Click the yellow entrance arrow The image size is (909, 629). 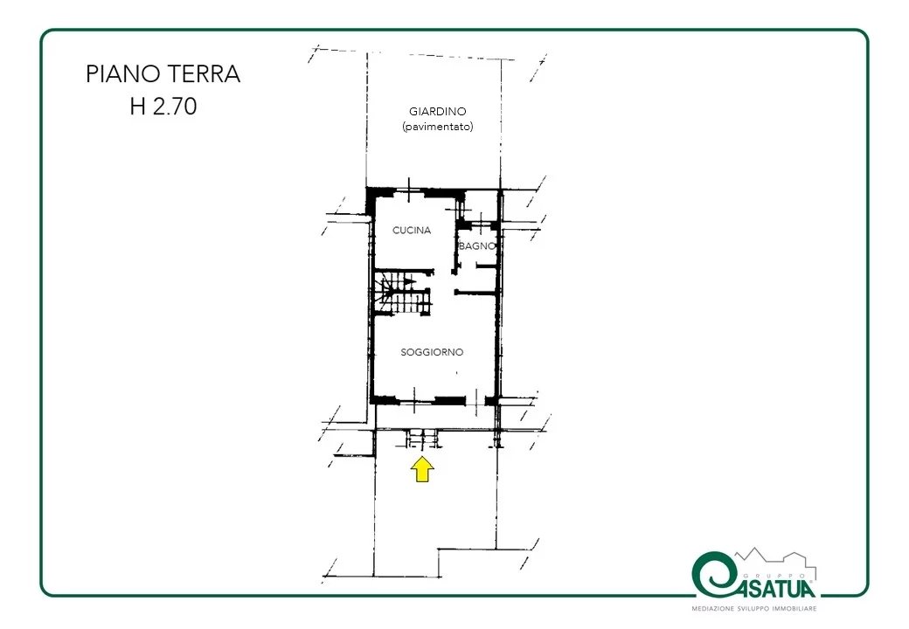point(423,469)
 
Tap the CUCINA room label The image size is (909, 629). point(412,231)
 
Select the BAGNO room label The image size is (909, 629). point(477,246)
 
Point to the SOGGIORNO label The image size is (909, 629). point(432,352)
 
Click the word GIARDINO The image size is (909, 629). point(438,111)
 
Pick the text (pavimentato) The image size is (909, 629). point(438,127)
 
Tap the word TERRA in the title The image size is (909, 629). point(204,74)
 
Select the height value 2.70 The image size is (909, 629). point(174,107)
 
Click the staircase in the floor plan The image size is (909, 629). point(402,293)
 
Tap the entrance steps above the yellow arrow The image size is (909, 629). point(422,439)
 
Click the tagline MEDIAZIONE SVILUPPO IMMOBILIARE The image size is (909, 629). point(754,609)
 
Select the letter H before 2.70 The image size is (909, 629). point(138,107)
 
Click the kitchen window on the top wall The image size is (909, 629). point(410,190)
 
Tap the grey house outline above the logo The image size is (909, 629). point(775,558)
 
